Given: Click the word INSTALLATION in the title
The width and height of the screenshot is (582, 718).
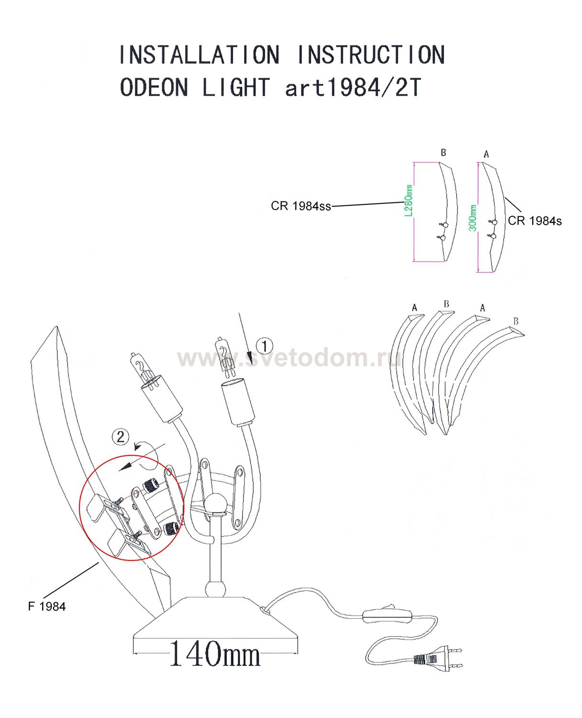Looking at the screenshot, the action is coord(200,55).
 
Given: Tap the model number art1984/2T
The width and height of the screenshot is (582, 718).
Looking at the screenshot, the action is coord(353,87).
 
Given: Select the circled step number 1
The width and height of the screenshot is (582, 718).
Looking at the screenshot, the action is coord(264,346).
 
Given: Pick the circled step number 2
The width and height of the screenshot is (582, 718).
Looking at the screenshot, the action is coord(120,437).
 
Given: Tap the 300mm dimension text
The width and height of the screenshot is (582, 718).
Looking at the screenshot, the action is coord(472,218).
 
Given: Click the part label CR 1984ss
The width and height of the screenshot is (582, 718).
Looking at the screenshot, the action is coord(301,206).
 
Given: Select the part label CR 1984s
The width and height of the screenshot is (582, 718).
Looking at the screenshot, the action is coord(535,221).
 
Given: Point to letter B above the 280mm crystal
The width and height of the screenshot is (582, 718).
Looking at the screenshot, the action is coord(444,153).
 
